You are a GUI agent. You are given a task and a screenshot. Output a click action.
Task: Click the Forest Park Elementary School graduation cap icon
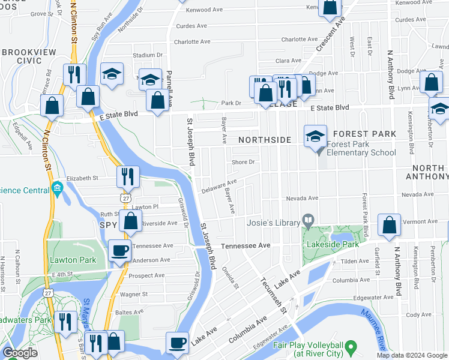[315, 136]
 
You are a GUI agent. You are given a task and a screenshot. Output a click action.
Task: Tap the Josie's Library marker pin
[308, 221]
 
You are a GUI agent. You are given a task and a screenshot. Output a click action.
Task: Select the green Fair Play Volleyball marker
[351, 346]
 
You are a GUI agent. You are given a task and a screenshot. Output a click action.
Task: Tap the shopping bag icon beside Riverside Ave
[130, 220]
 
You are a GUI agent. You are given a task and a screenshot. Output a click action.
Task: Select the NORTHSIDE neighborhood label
[264, 140]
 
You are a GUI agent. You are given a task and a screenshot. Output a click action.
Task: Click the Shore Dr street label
[244, 162]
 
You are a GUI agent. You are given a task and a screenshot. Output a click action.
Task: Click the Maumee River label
[373, 334]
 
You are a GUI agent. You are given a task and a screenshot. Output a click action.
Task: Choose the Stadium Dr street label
[148, 55]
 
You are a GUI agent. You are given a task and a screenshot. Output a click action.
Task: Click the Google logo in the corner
[20, 353]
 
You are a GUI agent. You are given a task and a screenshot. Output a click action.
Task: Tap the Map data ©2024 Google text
[412, 355]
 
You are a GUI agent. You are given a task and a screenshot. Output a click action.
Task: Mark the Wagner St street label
[134, 295]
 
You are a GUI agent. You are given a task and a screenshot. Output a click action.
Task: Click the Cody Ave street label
[418, 314]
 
